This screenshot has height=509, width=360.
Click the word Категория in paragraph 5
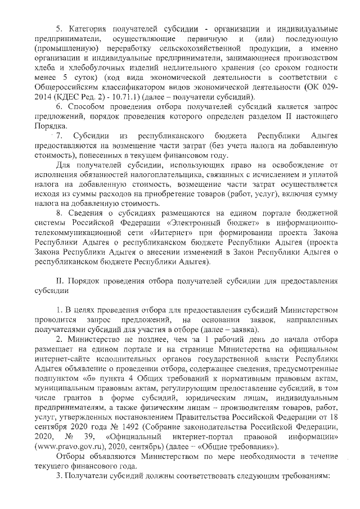pyautogui.click(x=89, y=29)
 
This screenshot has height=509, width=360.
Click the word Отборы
pyautogui.click(x=73, y=457)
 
